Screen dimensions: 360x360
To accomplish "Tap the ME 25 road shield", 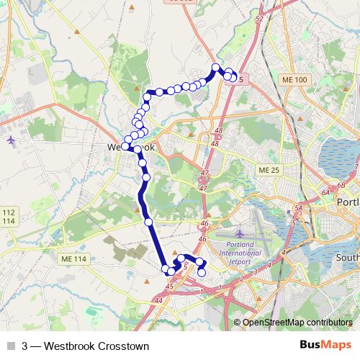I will click(x=266, y=169).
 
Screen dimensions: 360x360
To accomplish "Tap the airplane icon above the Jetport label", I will click(x=239, y=234).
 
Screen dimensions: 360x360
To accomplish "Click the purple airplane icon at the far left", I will click(x=9, y=139).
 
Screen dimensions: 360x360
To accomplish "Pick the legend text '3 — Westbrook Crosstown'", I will click(x=86, y=346).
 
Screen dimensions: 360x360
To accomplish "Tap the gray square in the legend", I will click(x=9, y=346).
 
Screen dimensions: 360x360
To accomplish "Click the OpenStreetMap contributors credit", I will click(x=296, y=322).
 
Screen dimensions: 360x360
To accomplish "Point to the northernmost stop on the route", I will click(x=215, y=68).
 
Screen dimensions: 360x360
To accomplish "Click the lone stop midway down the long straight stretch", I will click(x=149, y=222).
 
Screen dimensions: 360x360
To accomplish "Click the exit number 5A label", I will click(x=298, y=208).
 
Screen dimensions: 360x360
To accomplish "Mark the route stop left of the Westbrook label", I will click(x=125, y=146).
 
